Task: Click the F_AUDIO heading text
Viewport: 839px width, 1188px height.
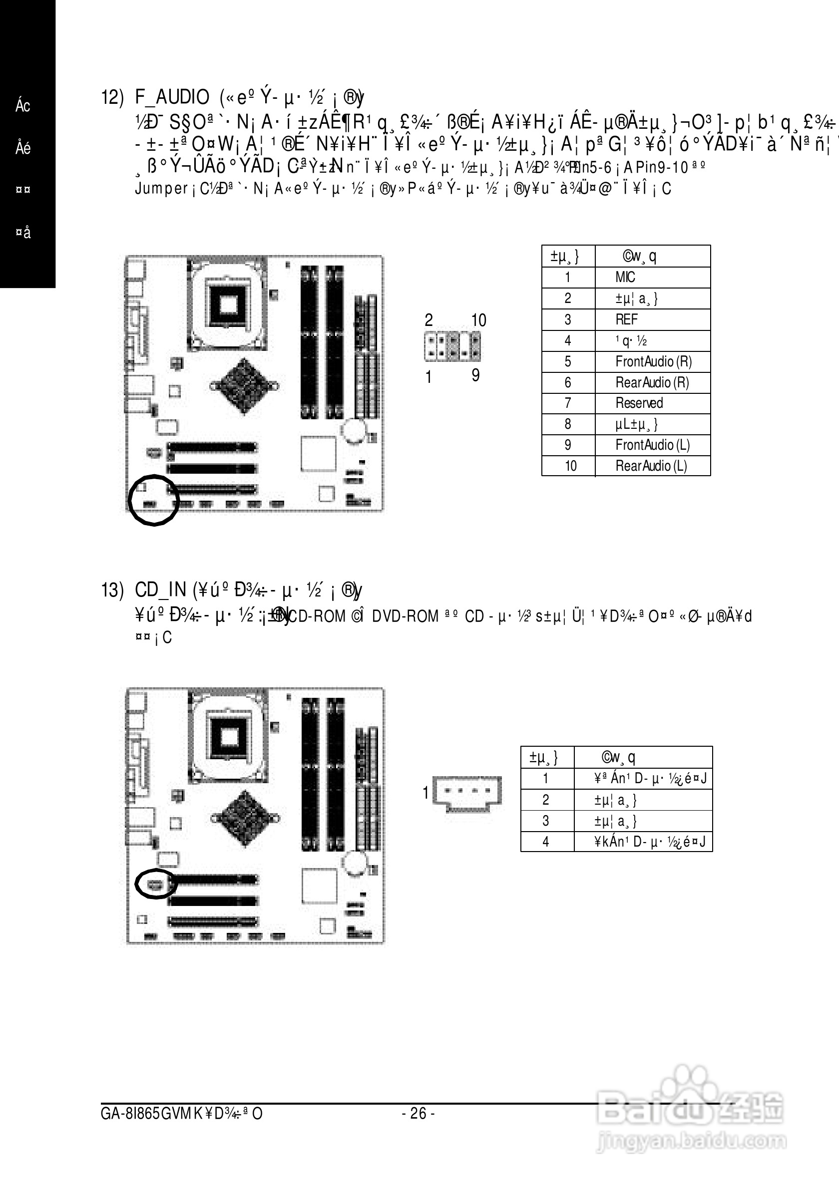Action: click(172, 97)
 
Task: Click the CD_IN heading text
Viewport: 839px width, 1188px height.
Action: click(160, 590)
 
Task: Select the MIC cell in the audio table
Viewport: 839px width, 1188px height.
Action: click(625, 278)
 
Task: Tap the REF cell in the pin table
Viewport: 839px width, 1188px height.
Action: click(626, 319)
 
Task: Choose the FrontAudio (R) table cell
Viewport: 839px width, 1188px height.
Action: click(653, 361)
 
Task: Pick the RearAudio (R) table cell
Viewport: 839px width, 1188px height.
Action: click(652, 382)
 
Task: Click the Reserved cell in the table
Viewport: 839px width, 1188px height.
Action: click(639, 403)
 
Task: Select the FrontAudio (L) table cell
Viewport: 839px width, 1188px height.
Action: click(652, 445)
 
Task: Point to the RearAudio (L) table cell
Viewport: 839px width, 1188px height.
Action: click(651, 466)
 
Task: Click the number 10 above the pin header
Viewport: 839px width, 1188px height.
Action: click(479, 321)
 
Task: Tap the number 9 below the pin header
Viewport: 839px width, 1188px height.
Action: click(475, 376)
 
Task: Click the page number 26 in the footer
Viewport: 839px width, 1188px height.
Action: click(418, 1113)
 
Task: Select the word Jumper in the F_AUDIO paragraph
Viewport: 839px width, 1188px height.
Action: click(161, 188)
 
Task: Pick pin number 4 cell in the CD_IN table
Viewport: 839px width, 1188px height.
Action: click(545, 842)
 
